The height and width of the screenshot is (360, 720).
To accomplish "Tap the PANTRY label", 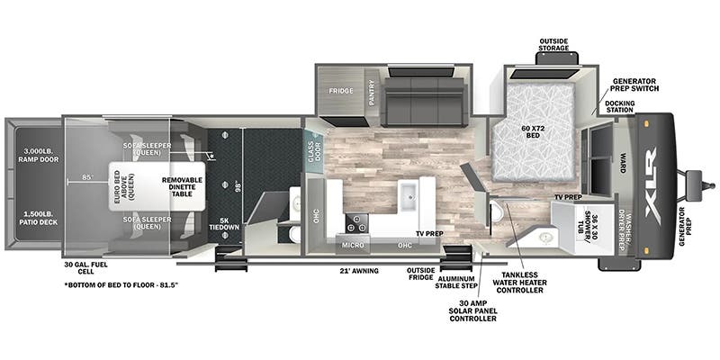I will click(370, 91).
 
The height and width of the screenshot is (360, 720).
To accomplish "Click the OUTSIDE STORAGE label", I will click(553, 44).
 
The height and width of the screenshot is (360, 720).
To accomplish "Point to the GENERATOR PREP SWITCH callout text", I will click(635, 85).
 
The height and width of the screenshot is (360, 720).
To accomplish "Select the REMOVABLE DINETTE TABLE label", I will click(182, 185).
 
